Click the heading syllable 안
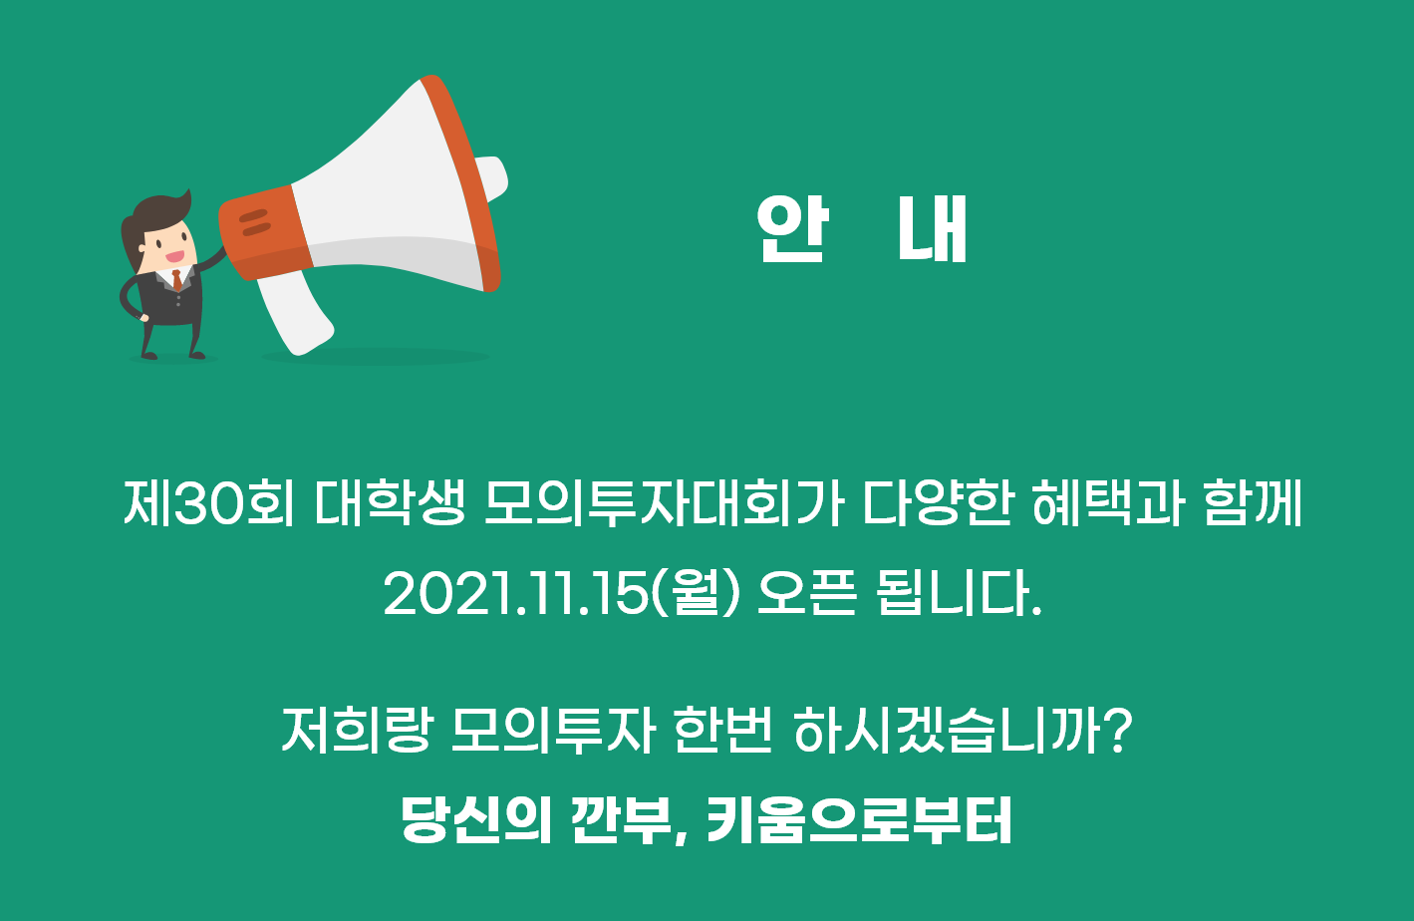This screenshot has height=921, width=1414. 791,230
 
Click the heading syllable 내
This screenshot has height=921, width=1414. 933,230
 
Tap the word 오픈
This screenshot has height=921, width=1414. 807,594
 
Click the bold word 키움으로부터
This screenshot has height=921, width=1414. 859,821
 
